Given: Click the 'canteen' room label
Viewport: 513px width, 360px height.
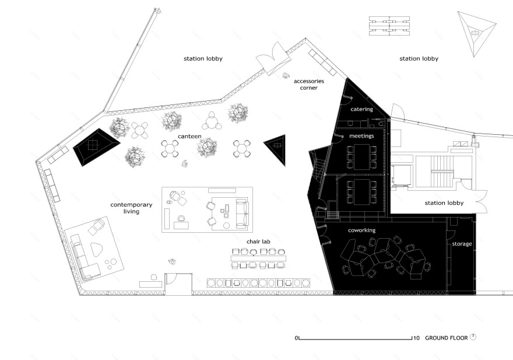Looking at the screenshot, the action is pos(189,137).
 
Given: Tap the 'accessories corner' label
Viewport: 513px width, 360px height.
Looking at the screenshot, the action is pos(309,84).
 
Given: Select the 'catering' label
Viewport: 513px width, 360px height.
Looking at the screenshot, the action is pos(361,109).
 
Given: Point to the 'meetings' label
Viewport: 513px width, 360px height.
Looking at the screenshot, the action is pos(361,135).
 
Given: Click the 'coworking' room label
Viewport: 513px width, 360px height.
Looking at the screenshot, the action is pos(361,230).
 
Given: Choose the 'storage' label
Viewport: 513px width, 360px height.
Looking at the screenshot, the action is pos(462,244).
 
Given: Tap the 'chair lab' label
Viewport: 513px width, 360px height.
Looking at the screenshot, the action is pos(258,242).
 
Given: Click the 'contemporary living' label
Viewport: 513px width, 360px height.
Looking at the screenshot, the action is pos(131,208).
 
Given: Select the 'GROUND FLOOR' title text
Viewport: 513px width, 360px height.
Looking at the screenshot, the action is pos(447,338).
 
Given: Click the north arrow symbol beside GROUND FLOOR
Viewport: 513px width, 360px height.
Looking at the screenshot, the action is pos(473,337).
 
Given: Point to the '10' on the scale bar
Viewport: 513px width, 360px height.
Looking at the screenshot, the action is pos(416,338).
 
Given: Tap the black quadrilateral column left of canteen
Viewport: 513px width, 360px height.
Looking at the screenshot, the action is pos(96,147).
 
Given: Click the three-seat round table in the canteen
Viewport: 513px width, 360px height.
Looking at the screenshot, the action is pos(212,121).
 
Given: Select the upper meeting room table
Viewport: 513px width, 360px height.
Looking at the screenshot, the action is pos(361,157).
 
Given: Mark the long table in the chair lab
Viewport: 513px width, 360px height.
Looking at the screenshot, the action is pos(258,258).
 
